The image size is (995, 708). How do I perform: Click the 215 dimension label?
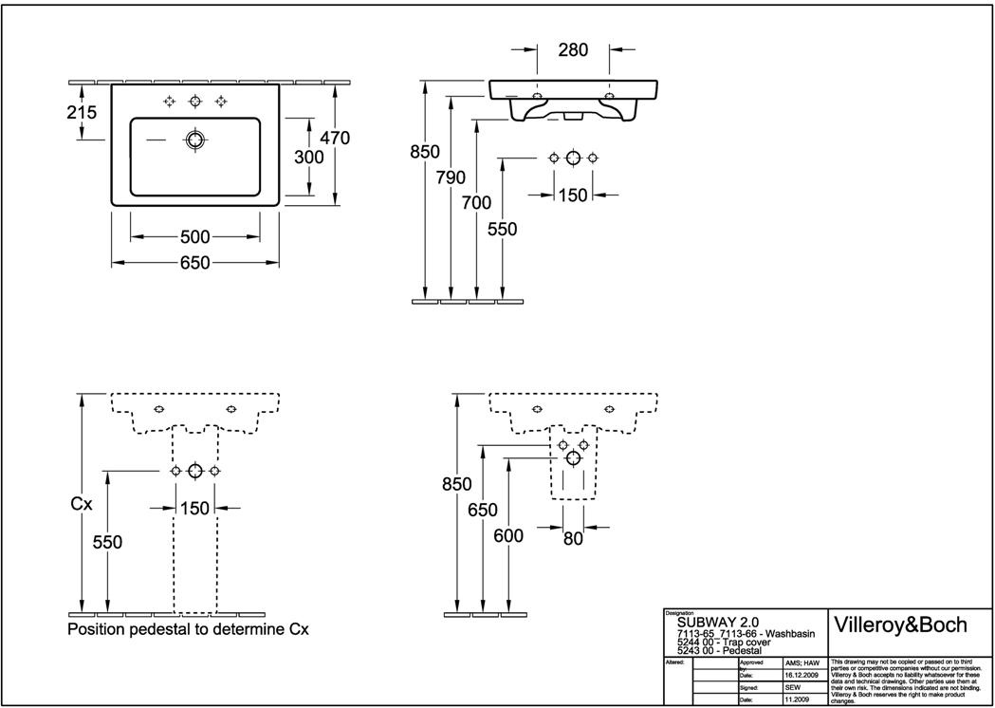coord(83,112)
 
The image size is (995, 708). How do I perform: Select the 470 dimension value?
coord(335,138)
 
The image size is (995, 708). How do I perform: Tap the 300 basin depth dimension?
coord(308,158)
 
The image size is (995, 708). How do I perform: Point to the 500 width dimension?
coord(194,236)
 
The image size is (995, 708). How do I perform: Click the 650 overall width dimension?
coord(194,262)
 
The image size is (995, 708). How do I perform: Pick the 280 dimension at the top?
coord(573,50)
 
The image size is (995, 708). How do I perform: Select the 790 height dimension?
coord(450,177)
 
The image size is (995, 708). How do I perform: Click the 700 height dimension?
coord(476,202)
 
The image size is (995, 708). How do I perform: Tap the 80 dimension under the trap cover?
coord(572,537)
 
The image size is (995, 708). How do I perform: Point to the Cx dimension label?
coord(82,505)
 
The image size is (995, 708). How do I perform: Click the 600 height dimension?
coord(508,536)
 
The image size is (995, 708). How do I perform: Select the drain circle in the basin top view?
coord(195,140)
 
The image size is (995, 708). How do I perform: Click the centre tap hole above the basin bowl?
coord(195,102)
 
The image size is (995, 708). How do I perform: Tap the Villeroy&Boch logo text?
coord(898,624)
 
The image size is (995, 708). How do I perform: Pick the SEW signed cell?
coord(794,687)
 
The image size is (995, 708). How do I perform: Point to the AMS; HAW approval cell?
coord(802,662)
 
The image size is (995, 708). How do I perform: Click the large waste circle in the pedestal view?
coord(194,471)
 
